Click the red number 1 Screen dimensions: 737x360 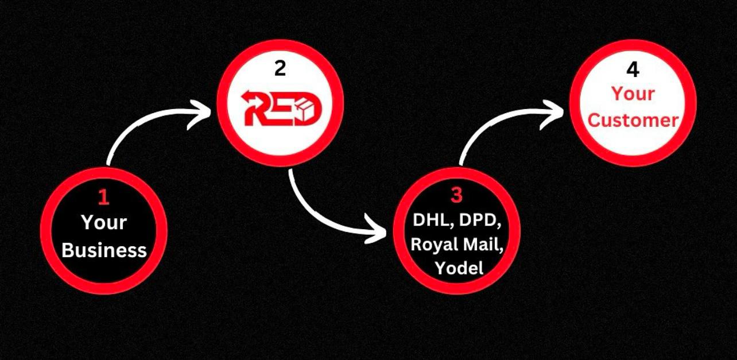tap(104, 198)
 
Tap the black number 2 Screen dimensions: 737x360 tap(280, 69)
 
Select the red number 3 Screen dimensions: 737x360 tap(456, 195)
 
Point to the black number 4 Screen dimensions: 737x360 tap(633, 70)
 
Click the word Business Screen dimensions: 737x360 tap(104, 250)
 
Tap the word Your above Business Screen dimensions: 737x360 tap(104, 222)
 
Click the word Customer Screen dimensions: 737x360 tap(633, 120)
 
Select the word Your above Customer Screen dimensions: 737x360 tap(633, 94)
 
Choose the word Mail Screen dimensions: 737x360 tap(483, 244)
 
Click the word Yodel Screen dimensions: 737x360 tap(459, 268)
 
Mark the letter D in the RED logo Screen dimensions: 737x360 tap(306, 109)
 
